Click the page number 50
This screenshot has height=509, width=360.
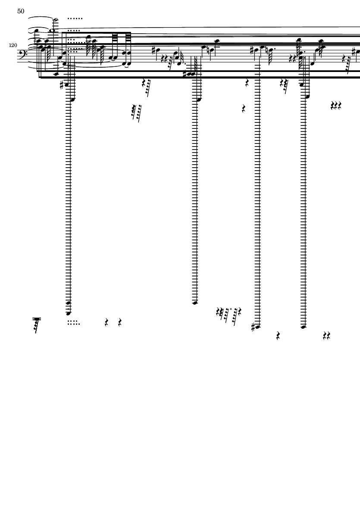coord(21,11)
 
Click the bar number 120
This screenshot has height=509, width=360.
coord(13,45)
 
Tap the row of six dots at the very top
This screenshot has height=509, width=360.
coord(75,19)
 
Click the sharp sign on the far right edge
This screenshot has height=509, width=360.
coord(358,52)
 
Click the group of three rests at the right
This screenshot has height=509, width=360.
coord(336,106)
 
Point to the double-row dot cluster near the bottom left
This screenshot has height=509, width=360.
coord(73,323)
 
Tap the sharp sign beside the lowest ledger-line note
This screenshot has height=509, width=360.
coord(254,328)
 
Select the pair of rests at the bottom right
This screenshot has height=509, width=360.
coord(326,336)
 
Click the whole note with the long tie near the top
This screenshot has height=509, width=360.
coord(53,31)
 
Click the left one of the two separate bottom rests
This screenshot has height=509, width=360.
coord(106,322)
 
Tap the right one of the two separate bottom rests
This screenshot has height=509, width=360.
coord(120,322)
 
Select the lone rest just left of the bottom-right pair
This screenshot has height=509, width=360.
coord(278,336)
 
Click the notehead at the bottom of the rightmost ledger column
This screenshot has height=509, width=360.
coord(304,327)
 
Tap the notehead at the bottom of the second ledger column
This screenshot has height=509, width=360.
coord(195,303)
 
